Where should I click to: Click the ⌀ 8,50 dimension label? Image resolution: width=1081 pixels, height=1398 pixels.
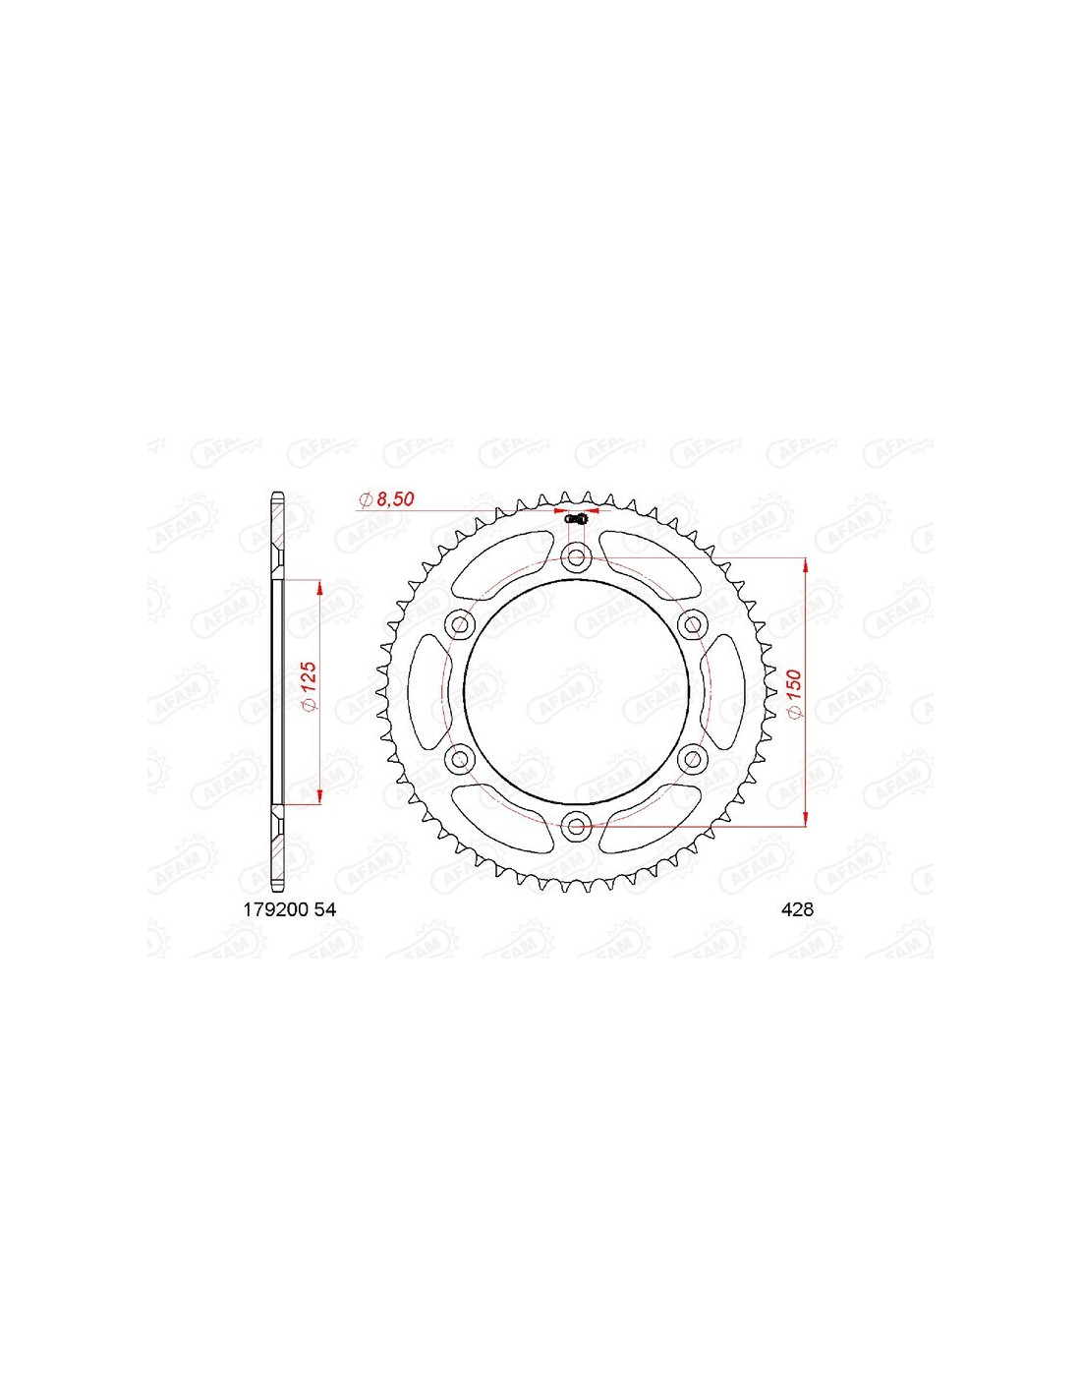386,499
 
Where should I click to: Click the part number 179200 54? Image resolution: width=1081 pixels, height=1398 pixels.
289,909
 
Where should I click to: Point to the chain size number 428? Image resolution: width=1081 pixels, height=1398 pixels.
797,909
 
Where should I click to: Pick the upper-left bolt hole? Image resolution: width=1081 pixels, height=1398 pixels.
460,623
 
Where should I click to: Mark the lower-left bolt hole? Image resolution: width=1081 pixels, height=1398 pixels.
460,759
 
